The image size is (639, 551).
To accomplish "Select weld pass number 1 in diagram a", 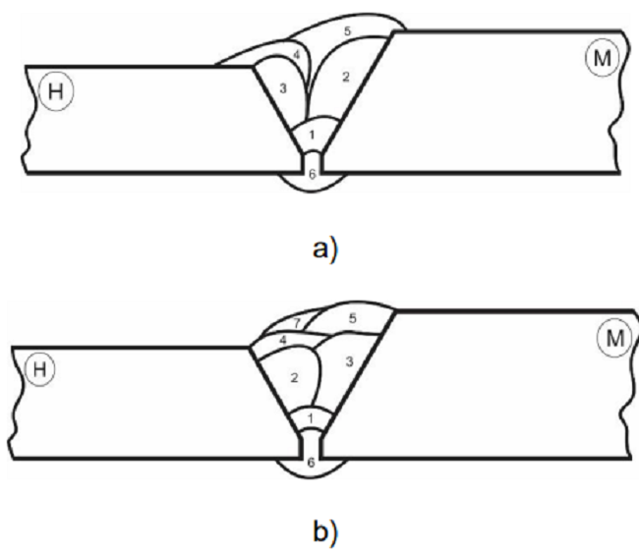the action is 312,134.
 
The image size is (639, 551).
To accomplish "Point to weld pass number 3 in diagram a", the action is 283,89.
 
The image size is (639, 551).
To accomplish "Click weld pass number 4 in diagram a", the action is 296,54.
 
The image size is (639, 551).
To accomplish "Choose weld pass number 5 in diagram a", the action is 347,31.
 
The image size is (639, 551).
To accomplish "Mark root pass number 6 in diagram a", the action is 312,175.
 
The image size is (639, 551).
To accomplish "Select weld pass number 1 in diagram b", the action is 310,419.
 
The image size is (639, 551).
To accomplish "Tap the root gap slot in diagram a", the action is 312,159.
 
